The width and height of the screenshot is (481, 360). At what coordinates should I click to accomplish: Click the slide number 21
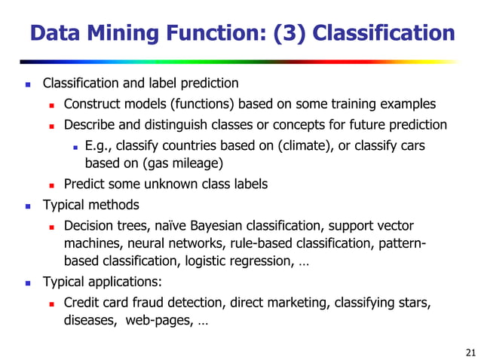471,352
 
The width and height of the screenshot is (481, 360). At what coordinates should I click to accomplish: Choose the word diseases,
87,322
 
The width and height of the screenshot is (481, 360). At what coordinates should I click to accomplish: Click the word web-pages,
155,322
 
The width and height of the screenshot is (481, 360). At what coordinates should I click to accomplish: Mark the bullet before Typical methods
28,205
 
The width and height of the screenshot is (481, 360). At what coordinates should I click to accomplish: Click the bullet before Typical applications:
28,284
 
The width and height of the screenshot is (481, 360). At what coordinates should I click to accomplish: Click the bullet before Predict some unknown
52,185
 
